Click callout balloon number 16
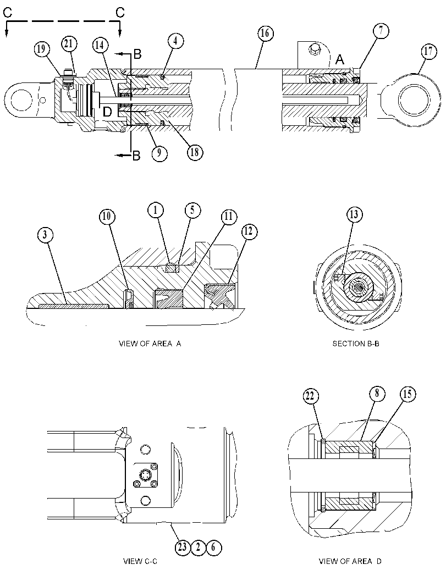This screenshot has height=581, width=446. click(x=265, y=34)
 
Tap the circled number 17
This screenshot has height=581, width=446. click(x=428, y=51)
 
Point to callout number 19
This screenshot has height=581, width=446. click(x=42, y=48)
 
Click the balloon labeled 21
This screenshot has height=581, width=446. click(x=69, y=44)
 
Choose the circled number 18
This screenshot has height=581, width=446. click(x=195, y=152)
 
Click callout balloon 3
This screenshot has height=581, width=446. click(x=45, y=235)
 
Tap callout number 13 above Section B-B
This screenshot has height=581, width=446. click(x=354, y=214)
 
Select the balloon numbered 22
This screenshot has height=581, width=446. click(x=310, y=396)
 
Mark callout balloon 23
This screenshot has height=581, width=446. click(x=183, y=547)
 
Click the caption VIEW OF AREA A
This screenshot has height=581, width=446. click(x=150, y=344)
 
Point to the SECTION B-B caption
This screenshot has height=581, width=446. click(x=356, y=344)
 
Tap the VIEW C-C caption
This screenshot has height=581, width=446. click(x=140, y=561)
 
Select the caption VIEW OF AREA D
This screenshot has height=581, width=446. click(x=350, y=561)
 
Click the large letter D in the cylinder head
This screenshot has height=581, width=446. click(x=107, y=112)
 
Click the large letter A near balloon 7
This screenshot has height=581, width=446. click(x=340, y=60)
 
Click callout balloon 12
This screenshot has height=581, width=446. click(x=249, y=231)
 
